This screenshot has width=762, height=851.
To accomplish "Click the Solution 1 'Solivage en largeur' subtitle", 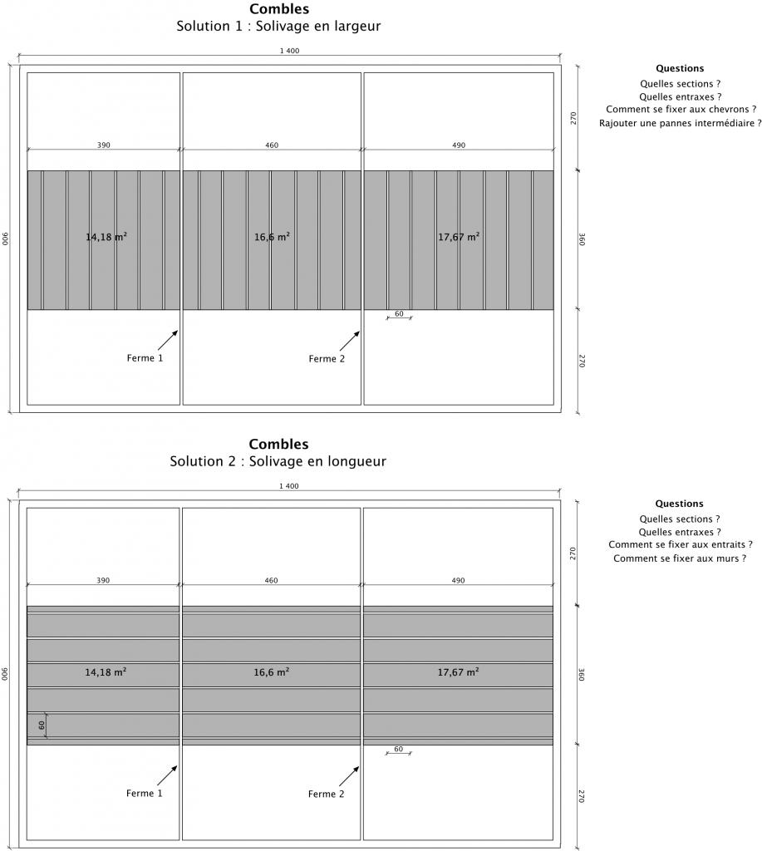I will (278, 26).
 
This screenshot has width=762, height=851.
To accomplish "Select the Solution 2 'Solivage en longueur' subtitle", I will (278, 461).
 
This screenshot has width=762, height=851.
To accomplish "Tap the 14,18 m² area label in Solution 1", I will (106, 237).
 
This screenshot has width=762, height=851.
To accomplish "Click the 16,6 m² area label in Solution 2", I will (272, 671).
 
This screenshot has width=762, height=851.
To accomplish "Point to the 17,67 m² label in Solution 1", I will (459, 237).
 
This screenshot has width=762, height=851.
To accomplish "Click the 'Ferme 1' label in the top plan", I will (145, 358).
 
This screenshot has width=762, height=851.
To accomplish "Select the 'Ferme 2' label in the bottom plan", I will (326, 794).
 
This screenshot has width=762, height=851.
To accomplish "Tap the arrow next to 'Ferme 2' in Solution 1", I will (350, 341).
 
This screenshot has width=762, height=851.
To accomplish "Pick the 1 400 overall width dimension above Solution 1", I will (289, 52).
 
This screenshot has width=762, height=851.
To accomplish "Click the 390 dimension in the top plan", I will (103, 145).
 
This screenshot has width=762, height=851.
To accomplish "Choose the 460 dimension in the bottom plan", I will (272, 580).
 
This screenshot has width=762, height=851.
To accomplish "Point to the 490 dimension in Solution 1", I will (459, 145).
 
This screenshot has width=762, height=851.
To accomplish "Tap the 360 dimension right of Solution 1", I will (583, 239).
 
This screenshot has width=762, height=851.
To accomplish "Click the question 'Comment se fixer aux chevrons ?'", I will (681, 110).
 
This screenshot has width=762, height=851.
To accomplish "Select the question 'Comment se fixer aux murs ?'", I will (680, 558).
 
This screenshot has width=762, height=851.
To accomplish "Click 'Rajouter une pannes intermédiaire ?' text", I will (680, 124).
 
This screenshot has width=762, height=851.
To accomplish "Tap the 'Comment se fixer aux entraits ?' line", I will (680, 545).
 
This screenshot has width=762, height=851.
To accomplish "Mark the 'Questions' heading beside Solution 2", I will (679, 504).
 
